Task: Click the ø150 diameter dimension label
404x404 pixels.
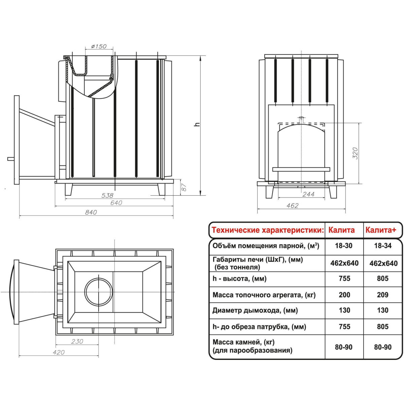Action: pyautogui.click(x=99, y=46)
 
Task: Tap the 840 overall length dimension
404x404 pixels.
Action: pyautogui.click(x=91, y=212)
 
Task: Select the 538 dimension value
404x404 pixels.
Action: pyautogui.click(x=107, y=195)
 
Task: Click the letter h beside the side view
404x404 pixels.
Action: pyautogui.click(x=197, y=124)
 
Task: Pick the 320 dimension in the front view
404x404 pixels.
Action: pyautogui.click(x=355, y=153)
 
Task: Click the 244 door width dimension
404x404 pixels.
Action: pyautogui.click(x=308, y=194)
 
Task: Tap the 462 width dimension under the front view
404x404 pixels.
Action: pyautogui.click(x=292, y=206)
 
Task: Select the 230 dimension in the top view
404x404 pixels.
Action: pyautogui.click(x=77, y=341)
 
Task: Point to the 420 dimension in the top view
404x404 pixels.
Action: pyautogui.click(x=59, y=352)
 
